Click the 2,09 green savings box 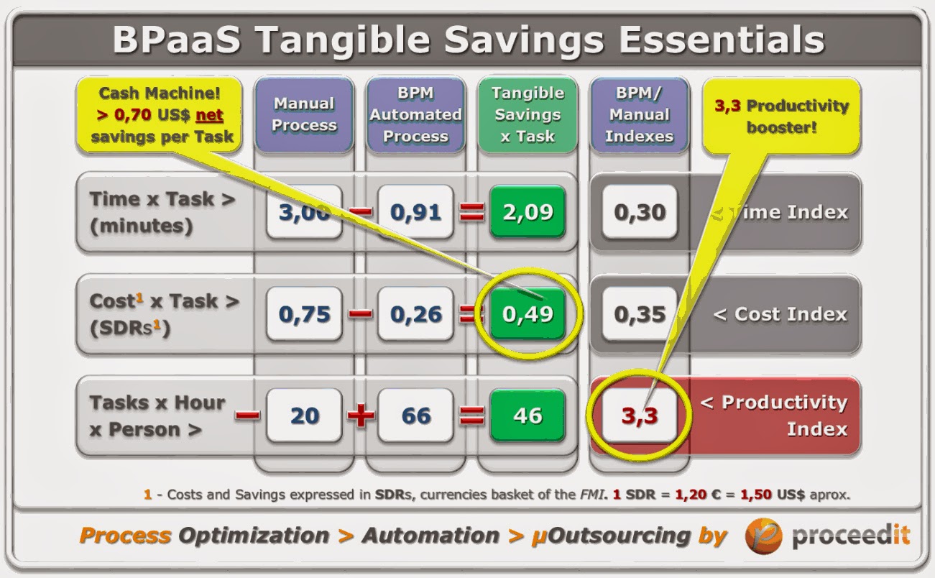pyautogui.click(x=528, y=212)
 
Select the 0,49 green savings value pyautogui.click(x=528, y=314)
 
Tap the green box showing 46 pyautogui.click(x=528, y=416)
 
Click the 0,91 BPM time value pyautogui.click(x=415, y=212)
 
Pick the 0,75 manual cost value pyautogui.click(x=304, y=314)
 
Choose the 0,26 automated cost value pyautogui.click(x=415, y=314)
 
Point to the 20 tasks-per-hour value pyautogui.click(x=304, y=416)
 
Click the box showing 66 pyautogui.click(x=415, y=416)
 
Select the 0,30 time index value pyautogui.click(x=640, y=212)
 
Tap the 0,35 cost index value pyautogui.click(x=640, y=314)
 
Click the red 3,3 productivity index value pyautogui.click(x=640, y=416)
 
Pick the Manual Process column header pyautogui.click(x=304, y=114)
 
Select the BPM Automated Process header pyautogui.click(x=415, y=114)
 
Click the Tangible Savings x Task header pyautogui.click(x=528, y=114)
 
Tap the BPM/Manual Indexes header pyautogui.click(x=639, y=114)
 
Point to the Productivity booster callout pyautogui.click(x=781, y=115)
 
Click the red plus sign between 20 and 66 pyautogui.click(x=360, y=416)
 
